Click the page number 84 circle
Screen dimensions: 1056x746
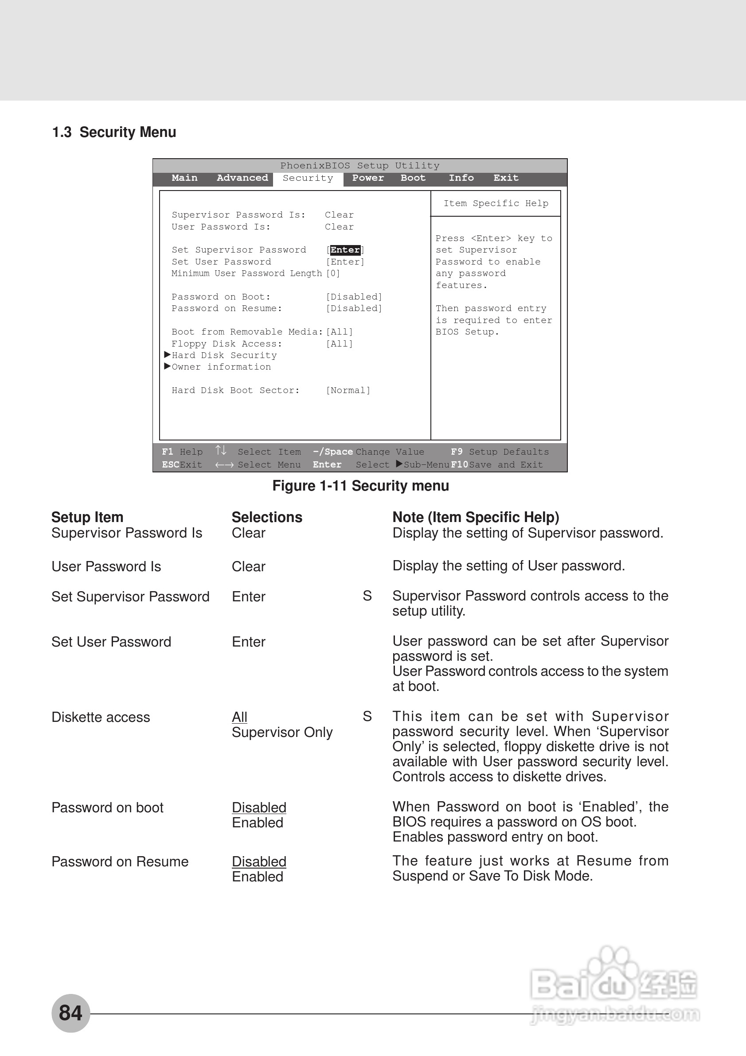70,1013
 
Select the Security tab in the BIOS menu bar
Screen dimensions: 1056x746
308,179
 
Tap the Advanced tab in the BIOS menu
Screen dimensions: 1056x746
242,178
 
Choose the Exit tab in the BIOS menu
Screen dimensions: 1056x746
506,178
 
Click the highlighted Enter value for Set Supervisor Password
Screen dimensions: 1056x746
345,250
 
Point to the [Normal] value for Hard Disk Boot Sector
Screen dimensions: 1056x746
348,390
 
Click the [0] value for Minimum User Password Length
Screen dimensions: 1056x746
333,273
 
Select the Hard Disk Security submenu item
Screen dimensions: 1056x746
224,355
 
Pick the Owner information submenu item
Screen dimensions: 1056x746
221,367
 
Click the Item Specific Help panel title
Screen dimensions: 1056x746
496,203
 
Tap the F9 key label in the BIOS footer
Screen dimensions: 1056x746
457,452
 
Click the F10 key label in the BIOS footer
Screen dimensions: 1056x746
459,464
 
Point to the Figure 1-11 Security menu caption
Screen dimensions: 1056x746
360,486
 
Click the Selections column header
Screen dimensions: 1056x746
267,518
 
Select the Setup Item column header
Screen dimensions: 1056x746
87,518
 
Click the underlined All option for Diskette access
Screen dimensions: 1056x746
240,717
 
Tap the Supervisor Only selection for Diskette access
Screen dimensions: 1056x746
282,732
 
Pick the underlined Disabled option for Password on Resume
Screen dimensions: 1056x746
259,861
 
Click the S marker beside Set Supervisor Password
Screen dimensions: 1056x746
367,596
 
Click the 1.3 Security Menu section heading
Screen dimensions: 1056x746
114,132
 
